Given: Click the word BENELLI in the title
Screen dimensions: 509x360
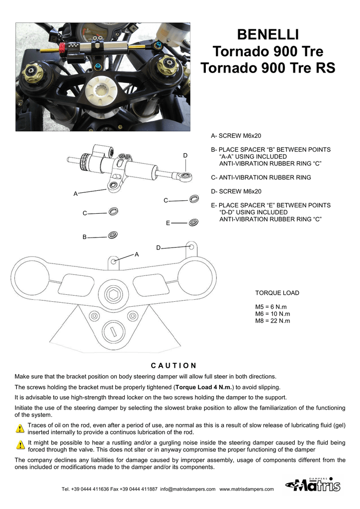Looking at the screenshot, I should (x=268, y=35).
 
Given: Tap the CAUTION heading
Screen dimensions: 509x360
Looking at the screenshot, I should (x=174, y=365).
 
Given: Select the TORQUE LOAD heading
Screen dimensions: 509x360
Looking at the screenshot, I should (x=277, y=293).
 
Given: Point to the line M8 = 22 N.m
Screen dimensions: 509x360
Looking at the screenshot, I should (x=272, y=321).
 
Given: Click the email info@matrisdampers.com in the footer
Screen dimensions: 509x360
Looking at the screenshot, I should (x=187, y=489).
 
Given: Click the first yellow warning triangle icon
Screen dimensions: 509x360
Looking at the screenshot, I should (x=20, y=428).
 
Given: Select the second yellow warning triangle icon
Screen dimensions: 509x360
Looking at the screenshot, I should (x=20, y=444).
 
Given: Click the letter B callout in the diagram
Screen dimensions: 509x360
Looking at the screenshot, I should (x=85, y=238).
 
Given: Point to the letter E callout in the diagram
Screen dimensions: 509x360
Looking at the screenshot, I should (x=168, y=223).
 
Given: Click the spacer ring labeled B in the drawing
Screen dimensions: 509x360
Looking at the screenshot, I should (x=112, y=234).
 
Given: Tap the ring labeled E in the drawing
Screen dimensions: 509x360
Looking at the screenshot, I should (x=193, y=221).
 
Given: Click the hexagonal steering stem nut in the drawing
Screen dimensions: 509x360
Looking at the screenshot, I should (x=113, y=294).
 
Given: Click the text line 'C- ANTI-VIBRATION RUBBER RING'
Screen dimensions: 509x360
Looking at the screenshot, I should (x=261, y=177).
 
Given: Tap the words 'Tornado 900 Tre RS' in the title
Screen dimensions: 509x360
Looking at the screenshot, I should (x=268, y=68).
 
